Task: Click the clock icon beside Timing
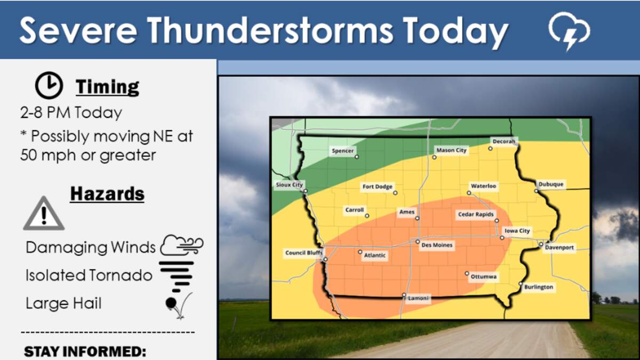click(49, 85)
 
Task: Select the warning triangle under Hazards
click(44, 213)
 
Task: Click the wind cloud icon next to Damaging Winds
click(182, 245)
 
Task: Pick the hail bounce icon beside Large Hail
click(179, 305)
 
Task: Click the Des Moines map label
click(437, 245)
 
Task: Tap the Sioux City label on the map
click(289, 185)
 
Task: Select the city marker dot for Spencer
click(357, 157)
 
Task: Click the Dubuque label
click(551, 185)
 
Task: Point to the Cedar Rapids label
click(476, 214)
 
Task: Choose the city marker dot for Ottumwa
click(467, 274)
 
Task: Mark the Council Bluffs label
click(303, 253)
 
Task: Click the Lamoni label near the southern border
click(418, 298)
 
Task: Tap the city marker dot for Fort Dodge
click(395, 193)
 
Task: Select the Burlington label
click(539, 287)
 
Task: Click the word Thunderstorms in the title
click(270, 30)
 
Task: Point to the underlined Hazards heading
click(107, 194)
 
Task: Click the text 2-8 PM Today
click(71, 113)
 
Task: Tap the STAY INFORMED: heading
click(85, 351)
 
